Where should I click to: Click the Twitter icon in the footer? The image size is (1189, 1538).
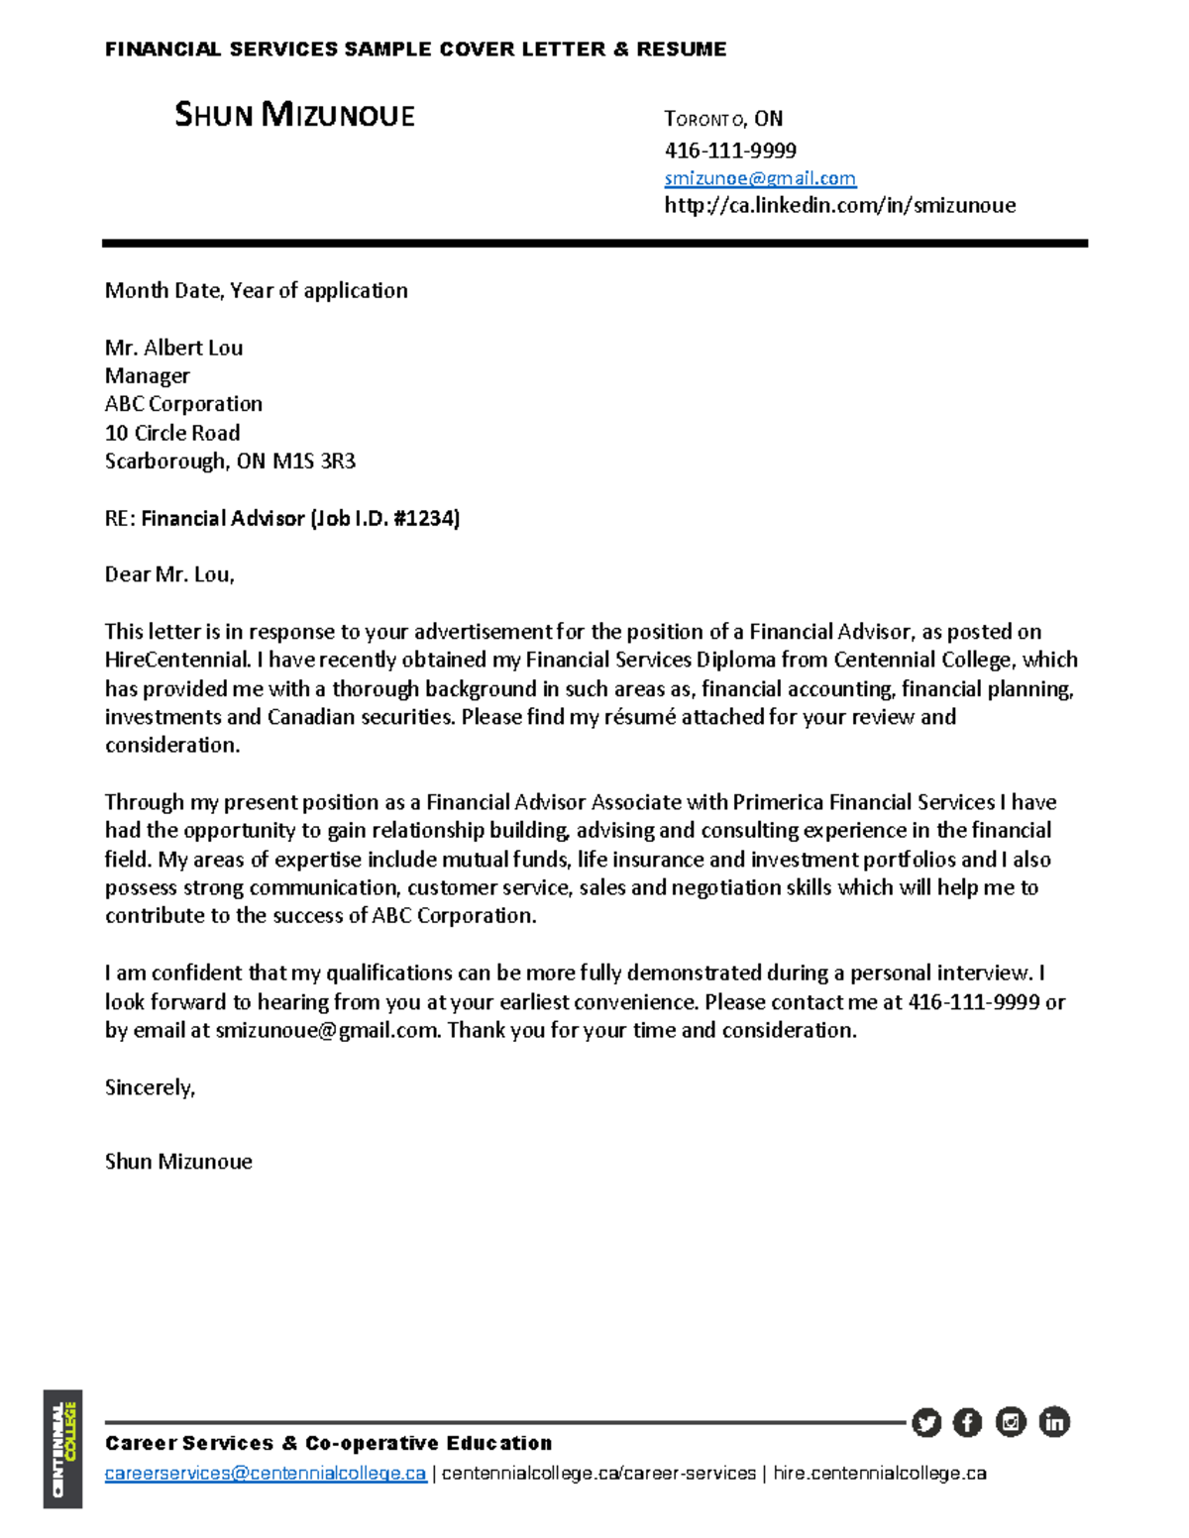(926, 1423)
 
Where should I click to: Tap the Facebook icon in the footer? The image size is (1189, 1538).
(967, 1423)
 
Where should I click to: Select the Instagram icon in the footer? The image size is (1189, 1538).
(1011, 1422)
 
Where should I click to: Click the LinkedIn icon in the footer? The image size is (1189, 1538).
(1054, 1422)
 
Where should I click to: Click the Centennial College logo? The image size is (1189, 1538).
(62, 1449)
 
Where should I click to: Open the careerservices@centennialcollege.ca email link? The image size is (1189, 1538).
(266, 1474)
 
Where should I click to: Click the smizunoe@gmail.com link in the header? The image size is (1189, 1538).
(760, 178)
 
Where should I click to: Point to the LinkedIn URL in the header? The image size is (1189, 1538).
(839, 205)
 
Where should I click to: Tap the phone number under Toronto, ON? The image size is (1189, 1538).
(730, 151)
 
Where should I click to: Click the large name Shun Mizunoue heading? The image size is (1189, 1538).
(294, 115)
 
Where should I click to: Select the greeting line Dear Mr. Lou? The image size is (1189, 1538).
(169, 574)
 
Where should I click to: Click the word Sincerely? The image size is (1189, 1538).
(150, 1087)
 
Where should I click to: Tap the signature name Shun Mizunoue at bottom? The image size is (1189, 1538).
(178, 1162)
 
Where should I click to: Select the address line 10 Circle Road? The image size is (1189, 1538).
(172, 433)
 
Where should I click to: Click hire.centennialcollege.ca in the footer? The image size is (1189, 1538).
(879, 1474)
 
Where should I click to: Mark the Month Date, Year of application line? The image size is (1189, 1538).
(256, 290)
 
